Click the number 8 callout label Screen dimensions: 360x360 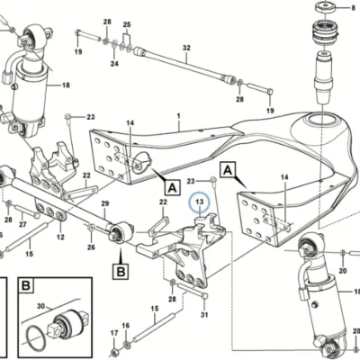[x=353, y=8]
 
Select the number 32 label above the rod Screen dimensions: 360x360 [x=186, y=48]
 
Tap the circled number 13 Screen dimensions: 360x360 [x=200, y=202]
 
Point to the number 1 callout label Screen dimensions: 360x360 [x=178, y=115]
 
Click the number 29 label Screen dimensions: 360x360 [x=104, y=204]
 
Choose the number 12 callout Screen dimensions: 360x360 [x=60, y=238]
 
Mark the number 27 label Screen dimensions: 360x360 [x=22, y=224]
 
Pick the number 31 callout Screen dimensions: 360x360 [x=204, y=315]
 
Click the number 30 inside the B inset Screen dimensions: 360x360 [x=40, y=306]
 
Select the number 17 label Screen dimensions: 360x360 [x=114, y=333]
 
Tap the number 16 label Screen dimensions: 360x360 [x=126, y=326]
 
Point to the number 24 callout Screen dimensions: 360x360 [x=114, y=64]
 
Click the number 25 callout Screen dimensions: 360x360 [x=127, y=24]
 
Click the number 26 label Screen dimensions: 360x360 [x=91, y=247]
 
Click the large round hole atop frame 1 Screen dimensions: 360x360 [x=322, y=122]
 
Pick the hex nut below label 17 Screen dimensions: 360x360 [x=114, y=352]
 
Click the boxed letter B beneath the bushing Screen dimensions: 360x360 [x=121, y=272]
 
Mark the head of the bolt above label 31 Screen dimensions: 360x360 [x=204, y=296]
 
